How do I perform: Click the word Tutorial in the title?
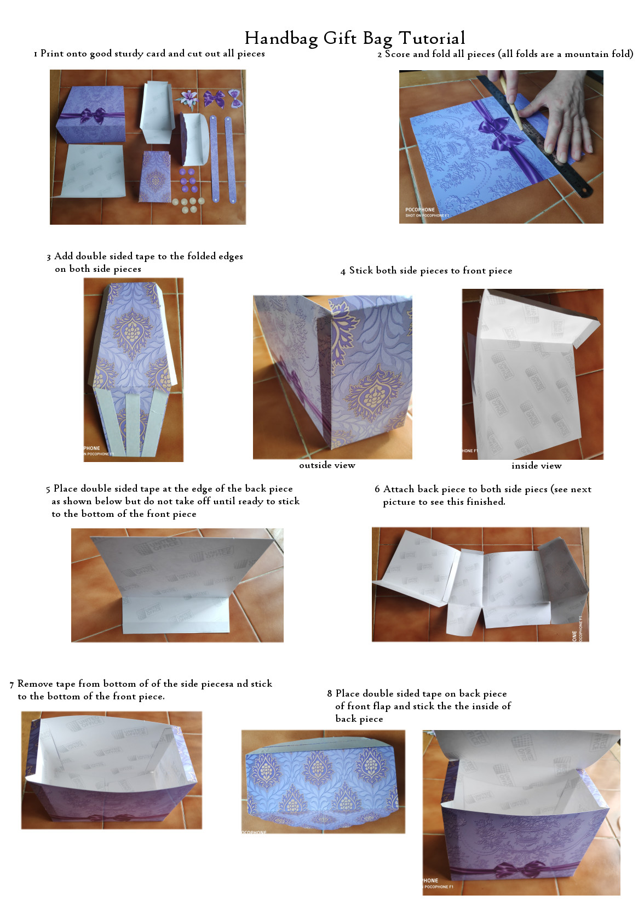coord(432,38)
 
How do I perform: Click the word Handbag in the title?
coord(281,38)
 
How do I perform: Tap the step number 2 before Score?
coord(380,54)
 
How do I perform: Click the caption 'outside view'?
coord(327,465)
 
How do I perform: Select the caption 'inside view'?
coord(536,466)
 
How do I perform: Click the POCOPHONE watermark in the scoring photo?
coord(420,210)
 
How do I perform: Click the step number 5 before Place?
coord(48,489)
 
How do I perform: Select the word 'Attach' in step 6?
coord(399,489)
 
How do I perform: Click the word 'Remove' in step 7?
coord(35,683)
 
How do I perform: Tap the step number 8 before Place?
coord(330,694)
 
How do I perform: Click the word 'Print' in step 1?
coord(52,53)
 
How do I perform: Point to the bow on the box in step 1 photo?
coord(93,116)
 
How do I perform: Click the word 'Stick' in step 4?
coord(361,270)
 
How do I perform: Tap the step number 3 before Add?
coord(49,256)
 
